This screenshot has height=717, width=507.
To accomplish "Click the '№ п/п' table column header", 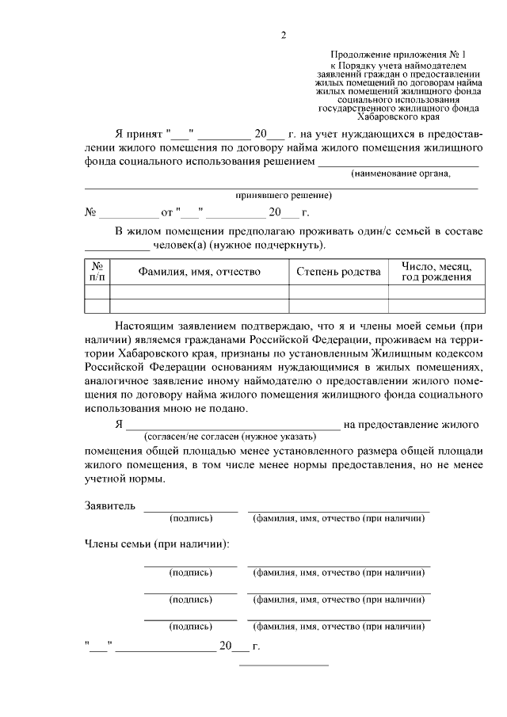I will [97, 272].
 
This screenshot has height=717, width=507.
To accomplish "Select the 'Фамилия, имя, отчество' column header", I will [199, 272].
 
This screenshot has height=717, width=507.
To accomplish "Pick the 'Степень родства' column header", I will [338, 272].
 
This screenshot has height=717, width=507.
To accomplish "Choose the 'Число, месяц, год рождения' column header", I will [436, 272].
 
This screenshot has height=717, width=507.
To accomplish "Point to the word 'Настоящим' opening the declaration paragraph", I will [144, 326].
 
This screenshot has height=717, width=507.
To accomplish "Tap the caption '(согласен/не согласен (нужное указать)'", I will [230, 437].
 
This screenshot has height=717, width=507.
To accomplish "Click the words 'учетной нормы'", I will [124, 479].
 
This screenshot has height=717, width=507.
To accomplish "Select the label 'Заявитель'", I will [109, 505].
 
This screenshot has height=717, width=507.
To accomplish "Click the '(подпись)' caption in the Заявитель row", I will [190, 519].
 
